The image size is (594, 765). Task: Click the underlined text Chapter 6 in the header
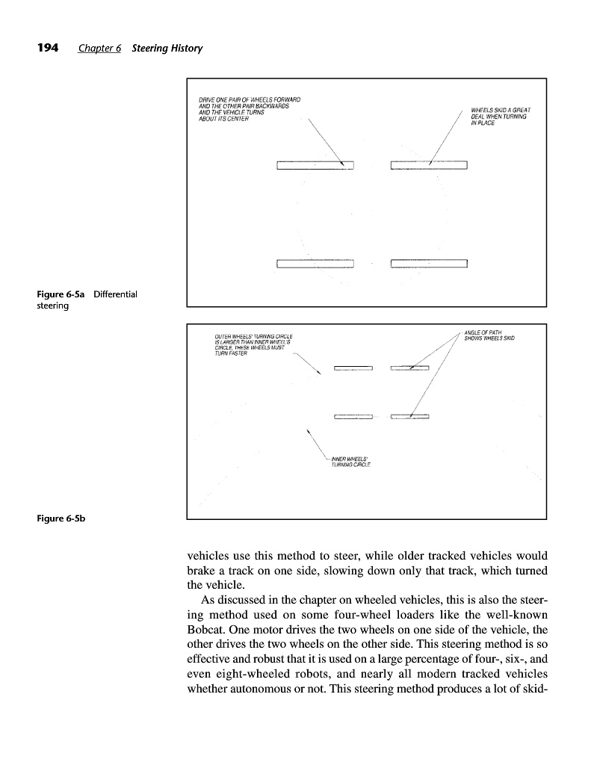(100, 49)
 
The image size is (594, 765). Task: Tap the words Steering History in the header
(167, 49)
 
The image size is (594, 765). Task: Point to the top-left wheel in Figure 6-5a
(314, 165)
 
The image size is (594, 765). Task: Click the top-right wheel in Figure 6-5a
(428, 165)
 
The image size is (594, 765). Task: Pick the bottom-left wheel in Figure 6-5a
(314, 263)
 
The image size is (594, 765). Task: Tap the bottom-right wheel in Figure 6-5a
(428, 263)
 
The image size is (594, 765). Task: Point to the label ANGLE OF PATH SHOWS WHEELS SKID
(493, 335)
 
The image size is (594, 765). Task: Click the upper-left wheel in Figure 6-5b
(353, 368)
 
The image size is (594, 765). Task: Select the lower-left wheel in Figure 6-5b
(353, 416)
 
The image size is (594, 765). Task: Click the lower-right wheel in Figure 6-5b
(409, 416)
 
